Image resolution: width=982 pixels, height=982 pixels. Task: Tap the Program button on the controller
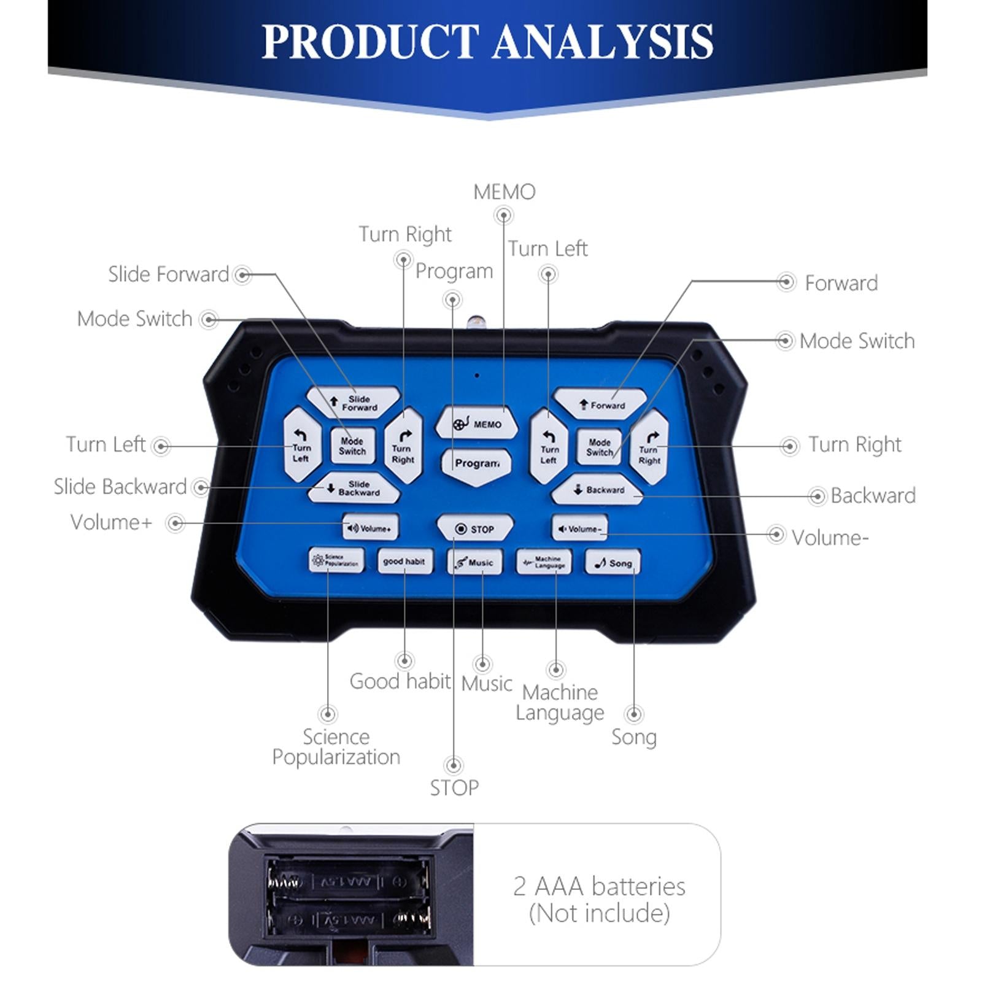(476, 464)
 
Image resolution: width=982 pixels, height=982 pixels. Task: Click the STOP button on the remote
(474, 528)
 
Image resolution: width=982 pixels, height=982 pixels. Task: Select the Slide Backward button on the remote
(354, 489)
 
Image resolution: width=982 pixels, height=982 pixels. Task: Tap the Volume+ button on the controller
(370, 528)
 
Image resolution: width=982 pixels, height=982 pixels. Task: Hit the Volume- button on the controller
(579, 528)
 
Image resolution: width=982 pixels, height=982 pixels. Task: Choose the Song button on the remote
(613, 563)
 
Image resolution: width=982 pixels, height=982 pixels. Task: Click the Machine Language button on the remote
(544, 562)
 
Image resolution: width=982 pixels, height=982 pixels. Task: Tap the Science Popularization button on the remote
(336, 560)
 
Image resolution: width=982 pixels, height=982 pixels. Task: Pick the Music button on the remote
(474, 562)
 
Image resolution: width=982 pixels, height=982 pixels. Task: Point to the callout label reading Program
(454, 271)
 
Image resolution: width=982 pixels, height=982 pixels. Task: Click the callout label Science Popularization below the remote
(336, 747)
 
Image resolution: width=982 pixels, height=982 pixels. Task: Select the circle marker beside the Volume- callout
(776, 535)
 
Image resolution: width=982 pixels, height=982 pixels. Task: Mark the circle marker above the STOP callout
(454, 765)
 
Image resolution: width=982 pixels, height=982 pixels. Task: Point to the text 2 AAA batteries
(599, 886)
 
